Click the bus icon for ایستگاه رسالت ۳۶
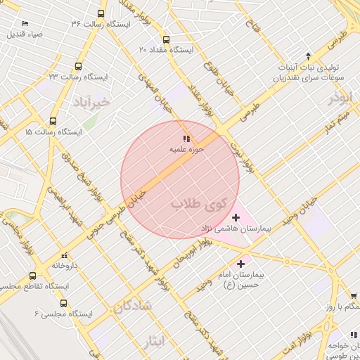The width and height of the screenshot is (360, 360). point(101,13)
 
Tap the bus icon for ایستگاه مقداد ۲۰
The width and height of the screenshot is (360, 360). point(166,40)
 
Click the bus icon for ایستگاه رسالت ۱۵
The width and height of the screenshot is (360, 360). point(57,121)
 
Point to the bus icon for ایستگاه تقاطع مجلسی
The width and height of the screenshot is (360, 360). point(32,276)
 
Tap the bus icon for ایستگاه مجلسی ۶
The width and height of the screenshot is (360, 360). point(64,304)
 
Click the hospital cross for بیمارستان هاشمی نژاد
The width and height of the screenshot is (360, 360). point(236,218)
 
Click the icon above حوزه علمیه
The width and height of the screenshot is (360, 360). point(186,139)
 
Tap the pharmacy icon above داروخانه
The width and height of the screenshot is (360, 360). point(65,255)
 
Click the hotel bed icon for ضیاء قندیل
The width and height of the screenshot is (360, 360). point(25,23)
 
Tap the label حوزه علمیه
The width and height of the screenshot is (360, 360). point(186,150)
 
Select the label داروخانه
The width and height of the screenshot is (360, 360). point(65,266)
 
